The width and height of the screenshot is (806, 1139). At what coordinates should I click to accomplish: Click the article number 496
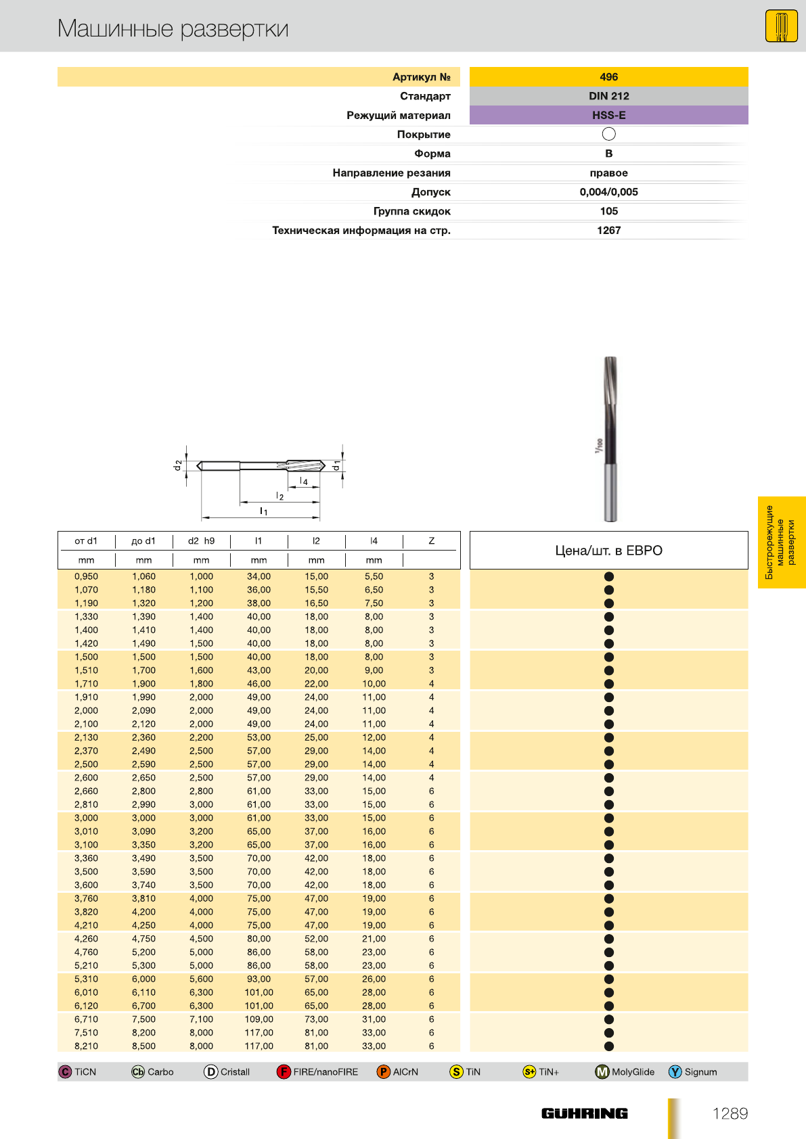pos(608,77)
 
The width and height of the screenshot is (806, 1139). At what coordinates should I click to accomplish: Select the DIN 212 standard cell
pos(608,96)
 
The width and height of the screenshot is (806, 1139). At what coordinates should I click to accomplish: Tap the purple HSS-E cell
pos(608,115)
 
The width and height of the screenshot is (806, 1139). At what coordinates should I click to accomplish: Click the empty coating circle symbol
pos(608,134)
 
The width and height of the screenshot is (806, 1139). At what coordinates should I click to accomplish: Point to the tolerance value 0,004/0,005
pos(608,192)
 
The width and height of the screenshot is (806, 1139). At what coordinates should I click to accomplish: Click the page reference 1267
pos(608,231)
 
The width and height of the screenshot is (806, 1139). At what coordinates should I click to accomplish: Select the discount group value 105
pos(608,211)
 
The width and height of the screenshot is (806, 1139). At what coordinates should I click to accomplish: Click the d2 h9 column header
pos(201,541)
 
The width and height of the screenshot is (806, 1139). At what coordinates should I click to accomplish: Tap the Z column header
pos(431,541)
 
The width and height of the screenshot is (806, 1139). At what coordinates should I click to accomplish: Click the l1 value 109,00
pos(259,1019)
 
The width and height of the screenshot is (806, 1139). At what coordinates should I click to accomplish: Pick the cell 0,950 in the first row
pos(86,577)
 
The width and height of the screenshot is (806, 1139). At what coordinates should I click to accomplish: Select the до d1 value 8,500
pos(143,1046)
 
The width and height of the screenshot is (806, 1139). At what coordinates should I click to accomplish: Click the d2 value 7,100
pos(201,1019)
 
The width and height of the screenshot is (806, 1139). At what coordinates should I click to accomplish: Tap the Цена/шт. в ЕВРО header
pos(608,551)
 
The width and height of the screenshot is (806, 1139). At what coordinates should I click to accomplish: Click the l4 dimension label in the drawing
pos(304,482)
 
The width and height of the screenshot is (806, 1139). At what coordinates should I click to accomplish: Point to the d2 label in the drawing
pos(178,465)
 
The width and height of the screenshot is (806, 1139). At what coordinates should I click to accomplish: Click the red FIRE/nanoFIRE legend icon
pos(284,1072)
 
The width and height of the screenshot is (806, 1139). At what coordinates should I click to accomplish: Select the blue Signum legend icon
pos(675,1072)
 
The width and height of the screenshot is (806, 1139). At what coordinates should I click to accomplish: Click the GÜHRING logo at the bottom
pos(584,1113)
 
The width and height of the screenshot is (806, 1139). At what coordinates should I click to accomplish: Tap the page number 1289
pos(730,1114)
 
